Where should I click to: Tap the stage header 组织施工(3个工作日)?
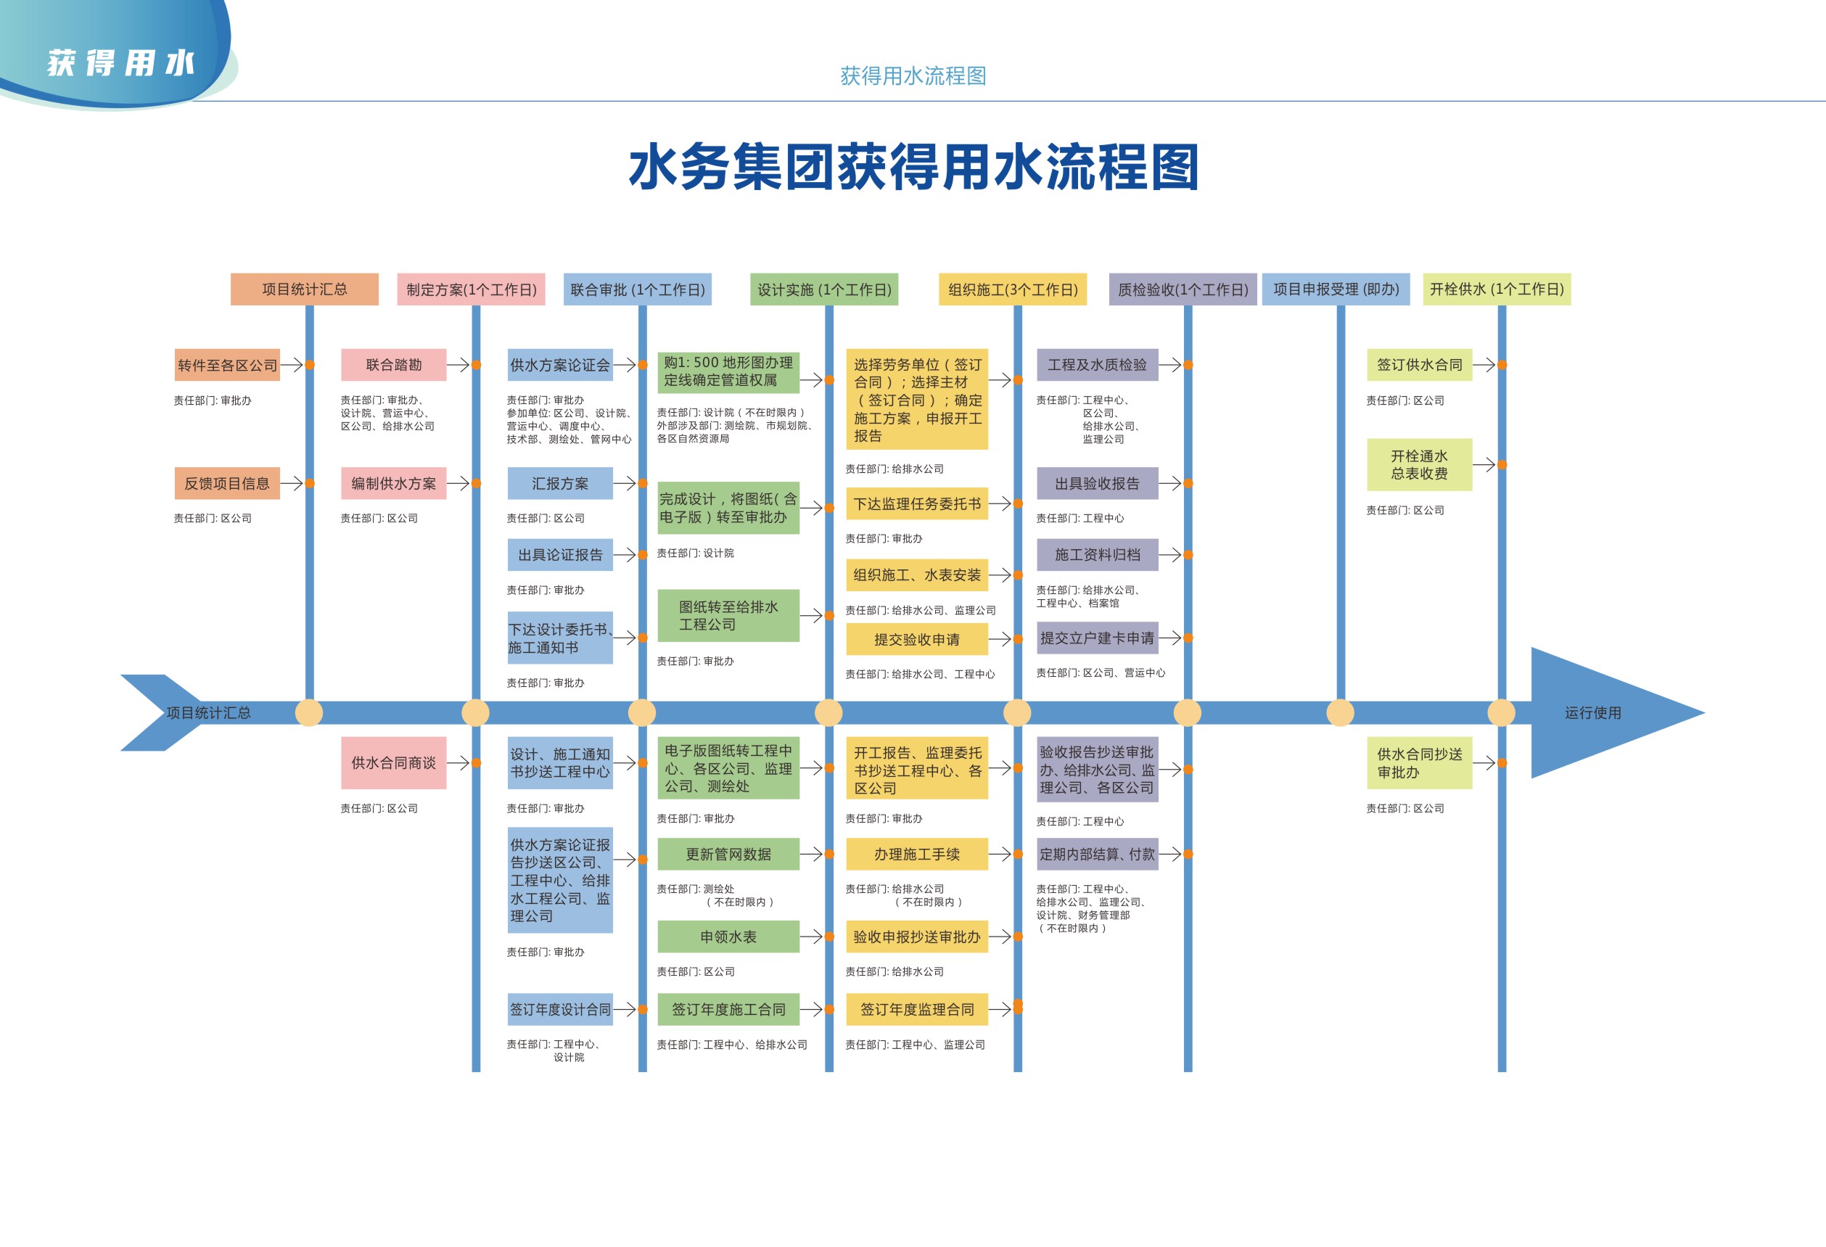(1012, 289)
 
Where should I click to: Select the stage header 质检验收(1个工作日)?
(1183, 289)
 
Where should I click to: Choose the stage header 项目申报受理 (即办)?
(1336, 289)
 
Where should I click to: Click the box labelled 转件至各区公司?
(227, 366)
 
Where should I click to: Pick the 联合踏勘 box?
(394, 366)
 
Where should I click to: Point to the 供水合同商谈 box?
(394, 763)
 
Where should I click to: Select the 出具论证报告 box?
(559, 555)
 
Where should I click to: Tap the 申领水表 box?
(728, 937)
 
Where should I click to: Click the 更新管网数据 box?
(728, 854)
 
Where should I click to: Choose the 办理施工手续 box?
(917, 854)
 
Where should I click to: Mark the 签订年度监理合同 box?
(917, 1010)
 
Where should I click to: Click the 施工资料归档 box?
(1097, 555)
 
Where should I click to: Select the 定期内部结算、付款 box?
(1097, 854)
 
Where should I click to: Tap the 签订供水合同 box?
(1419, 366)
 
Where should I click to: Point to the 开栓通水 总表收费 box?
(1419, 464)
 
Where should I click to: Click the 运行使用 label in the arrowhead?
(1592, 712)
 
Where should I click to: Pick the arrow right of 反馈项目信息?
(292, 483)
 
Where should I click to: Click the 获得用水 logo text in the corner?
(120, 63)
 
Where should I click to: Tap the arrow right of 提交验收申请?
(1000, 640)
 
